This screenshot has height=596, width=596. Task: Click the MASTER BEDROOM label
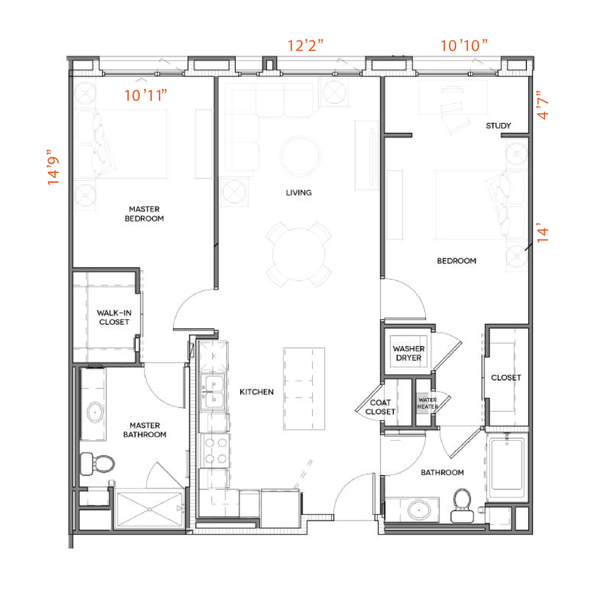144,214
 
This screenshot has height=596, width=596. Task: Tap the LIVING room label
298,192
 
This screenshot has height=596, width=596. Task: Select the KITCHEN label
256,392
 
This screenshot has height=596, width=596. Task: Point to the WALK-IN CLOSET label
114,317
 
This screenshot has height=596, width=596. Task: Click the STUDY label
498,126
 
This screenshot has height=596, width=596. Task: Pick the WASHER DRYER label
407,353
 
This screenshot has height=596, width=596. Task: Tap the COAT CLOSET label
380,407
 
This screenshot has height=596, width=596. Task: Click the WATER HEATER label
427,403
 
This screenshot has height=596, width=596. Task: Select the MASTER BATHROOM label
145,430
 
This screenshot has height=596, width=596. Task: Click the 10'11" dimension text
145,95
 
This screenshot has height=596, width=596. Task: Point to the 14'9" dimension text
54,167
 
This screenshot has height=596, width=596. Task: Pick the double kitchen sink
213,393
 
